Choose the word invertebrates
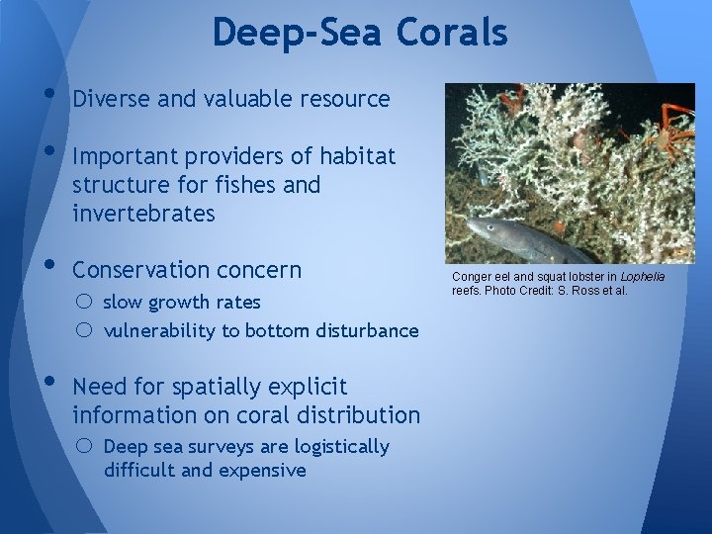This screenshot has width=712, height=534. [143, 213]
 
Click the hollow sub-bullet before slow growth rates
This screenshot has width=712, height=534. [87, 302]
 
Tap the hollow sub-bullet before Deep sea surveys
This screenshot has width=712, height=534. [87, 447]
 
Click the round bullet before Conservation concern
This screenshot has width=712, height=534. [50, 266]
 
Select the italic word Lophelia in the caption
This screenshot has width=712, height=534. [642, 277]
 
